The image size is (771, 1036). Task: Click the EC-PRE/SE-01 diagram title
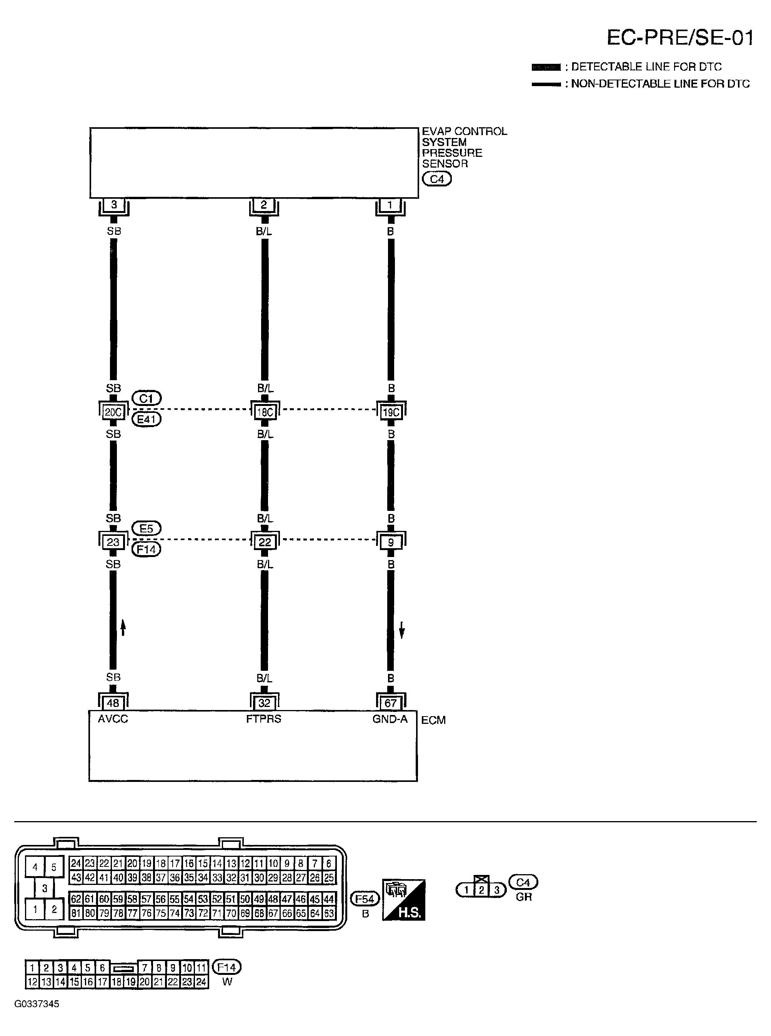[x=679, y=38]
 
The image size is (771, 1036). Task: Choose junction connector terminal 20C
[x=113, y=412]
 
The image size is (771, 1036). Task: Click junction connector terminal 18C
[x=265, y=412]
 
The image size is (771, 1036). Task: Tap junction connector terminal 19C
[x=391, y=412]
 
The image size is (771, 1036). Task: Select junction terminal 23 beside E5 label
[x=113, y=542]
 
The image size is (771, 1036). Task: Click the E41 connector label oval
[x=147, y=419]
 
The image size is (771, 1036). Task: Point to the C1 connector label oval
[x=147, y=398]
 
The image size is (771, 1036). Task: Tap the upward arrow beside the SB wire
[x=123, y=627]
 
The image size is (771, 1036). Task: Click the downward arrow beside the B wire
[x=402, y=632]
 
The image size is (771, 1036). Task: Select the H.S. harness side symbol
[x=404, y=900]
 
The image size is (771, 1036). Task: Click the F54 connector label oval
[x=365, y=898]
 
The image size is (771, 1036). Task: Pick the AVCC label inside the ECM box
[x=113, y=719]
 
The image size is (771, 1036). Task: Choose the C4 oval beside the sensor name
[x=437, y=179]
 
